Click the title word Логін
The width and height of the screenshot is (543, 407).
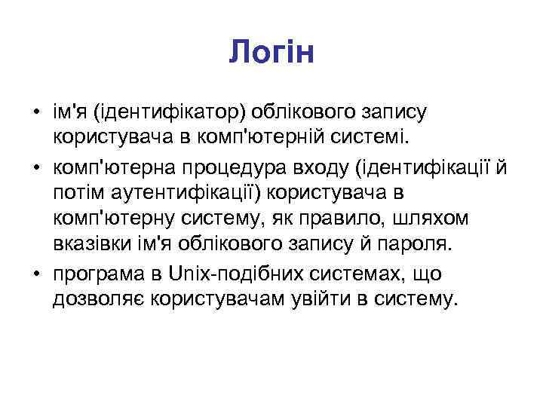(271, 52)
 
